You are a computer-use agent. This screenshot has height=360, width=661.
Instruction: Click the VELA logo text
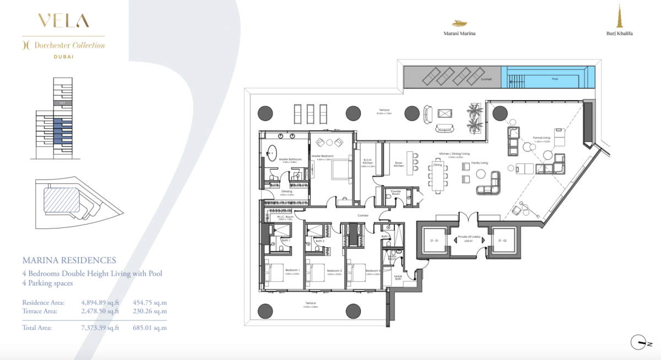click(63, 21)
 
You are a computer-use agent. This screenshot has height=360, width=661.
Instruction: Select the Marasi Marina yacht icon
click(459, 23)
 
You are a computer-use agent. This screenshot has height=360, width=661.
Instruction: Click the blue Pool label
click(555, 79)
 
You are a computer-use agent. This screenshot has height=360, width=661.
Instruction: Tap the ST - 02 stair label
click(502, 241)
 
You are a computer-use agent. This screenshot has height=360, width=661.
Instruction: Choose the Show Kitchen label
click(399, 163)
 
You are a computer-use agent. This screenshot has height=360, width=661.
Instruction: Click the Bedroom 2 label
click(334, 271)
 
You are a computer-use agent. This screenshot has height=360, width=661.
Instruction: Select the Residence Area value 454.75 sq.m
click(150, 302)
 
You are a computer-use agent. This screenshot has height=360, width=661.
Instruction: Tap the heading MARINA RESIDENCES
click(69, 260)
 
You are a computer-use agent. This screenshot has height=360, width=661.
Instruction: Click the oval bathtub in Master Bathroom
click(273, 150)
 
